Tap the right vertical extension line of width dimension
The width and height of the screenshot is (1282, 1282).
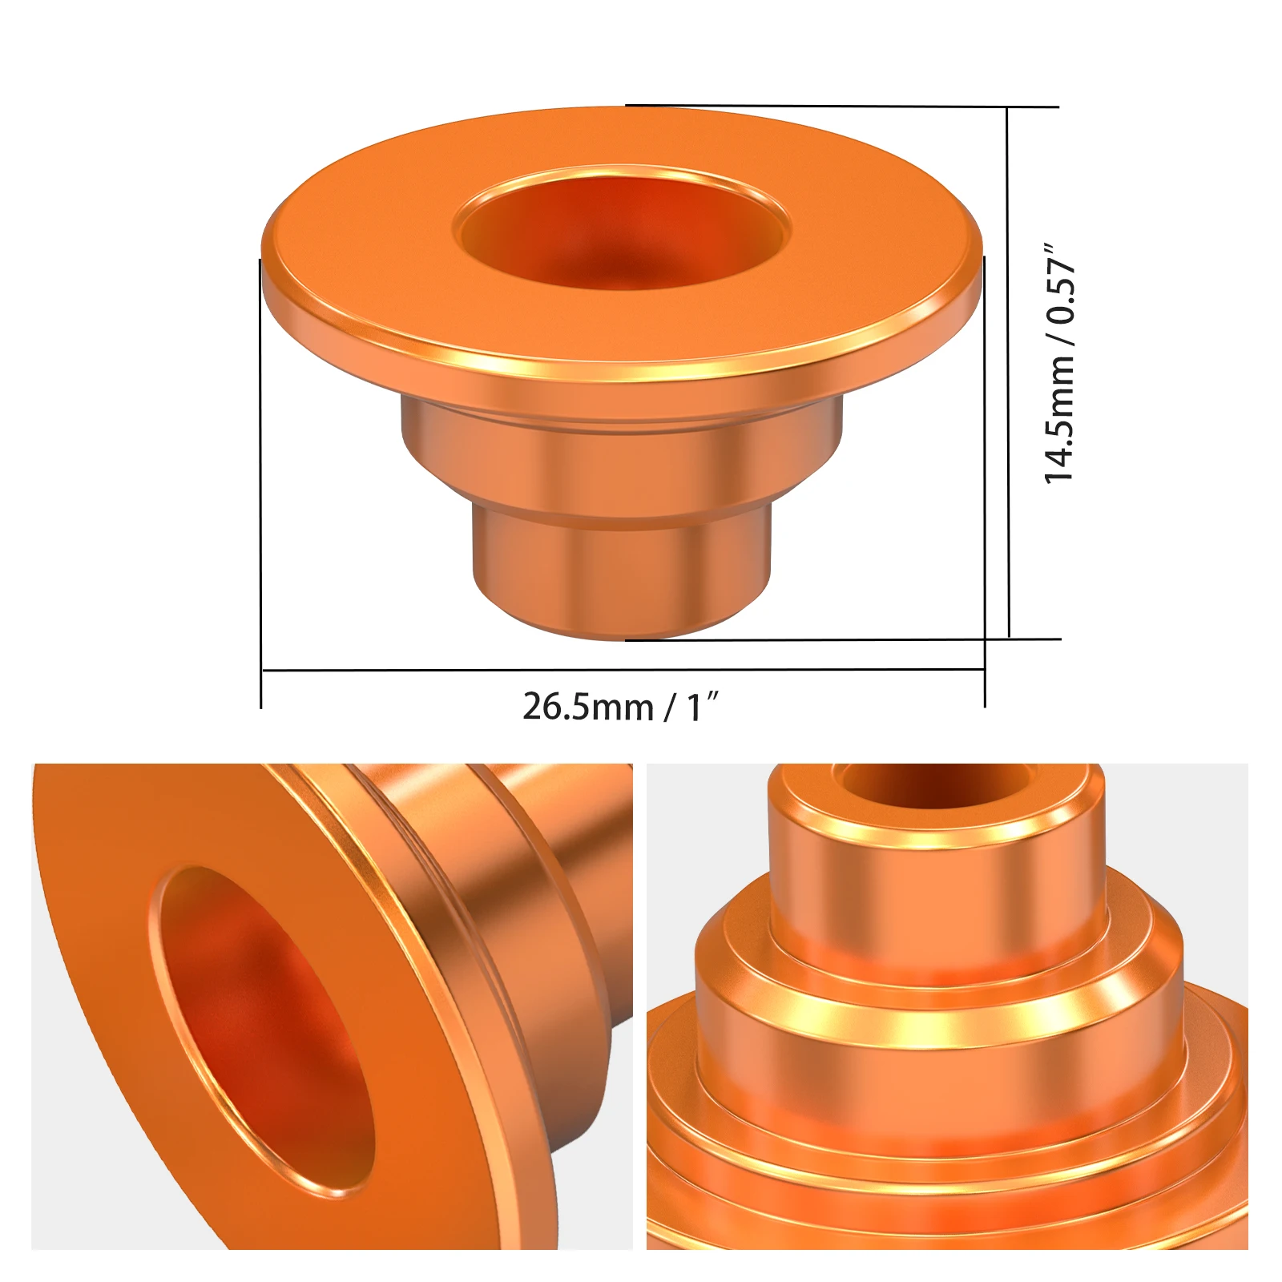click(x=985, y=481)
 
